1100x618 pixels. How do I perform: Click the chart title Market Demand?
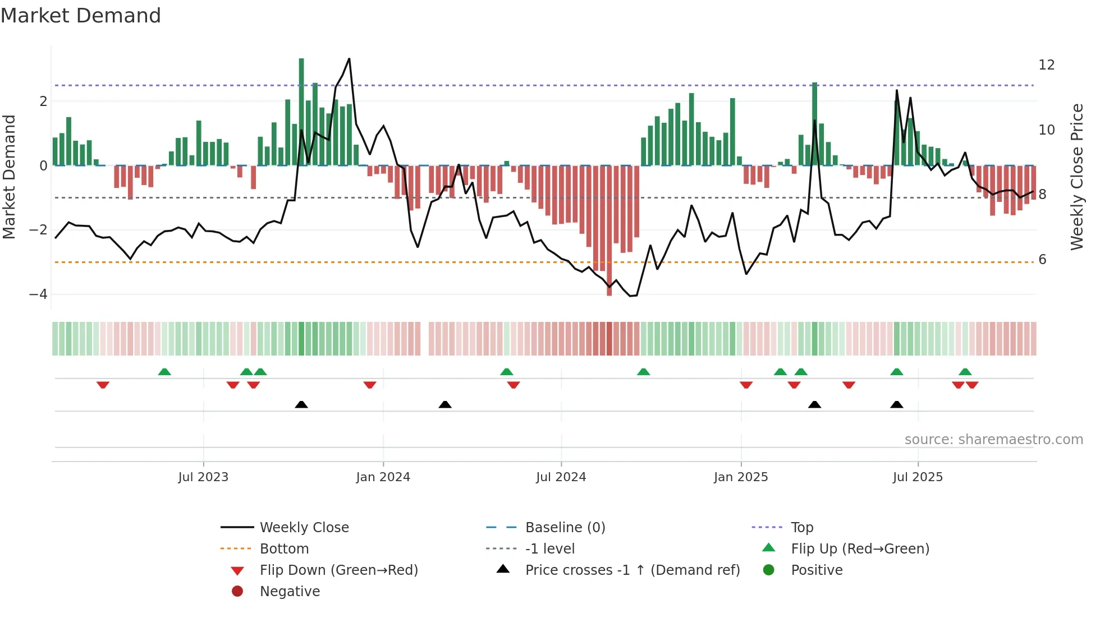pyautogui.click(x=81, y=16)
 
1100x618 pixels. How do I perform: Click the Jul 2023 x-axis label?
pyautogui.click(x=203, y=477)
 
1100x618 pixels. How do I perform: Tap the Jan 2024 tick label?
pyautogui.click(x=383, y=477)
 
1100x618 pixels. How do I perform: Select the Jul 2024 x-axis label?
pyautogui.click(x=561, y=477)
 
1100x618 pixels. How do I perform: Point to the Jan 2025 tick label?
pyautogui.click(x=740, y=477)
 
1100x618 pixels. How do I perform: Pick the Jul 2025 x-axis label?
pyautogui.click(x=918, y=477)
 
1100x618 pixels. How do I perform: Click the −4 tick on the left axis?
pyautogui.click(x=38, y=294)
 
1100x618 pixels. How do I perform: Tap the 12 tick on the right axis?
pyautogui.click(x=1046, y=65)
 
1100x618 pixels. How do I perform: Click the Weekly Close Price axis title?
pyautogui.click(x=1076, y=177)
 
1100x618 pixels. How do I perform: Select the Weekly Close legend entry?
pyautogui.click(x=304, y=528)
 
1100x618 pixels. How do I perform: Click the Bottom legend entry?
pyautogui.click(x=284, y=549)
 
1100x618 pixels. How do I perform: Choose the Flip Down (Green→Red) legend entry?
pyautogui.click(x=338, y=570)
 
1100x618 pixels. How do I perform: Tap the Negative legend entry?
pyautogui.click(x=290, y=592)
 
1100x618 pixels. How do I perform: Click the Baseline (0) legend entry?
pyautogui.click(x=565, y=528)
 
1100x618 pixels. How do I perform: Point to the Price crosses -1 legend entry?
pyautogui.click(x=632, y=570)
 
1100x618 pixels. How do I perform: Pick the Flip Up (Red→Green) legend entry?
pyautogui.click(x=860, y=549)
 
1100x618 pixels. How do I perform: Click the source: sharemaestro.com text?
pyautogui.click(x=993, y=440)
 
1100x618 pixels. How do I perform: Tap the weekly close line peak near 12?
pyautogui.click(x=349, y=59)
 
